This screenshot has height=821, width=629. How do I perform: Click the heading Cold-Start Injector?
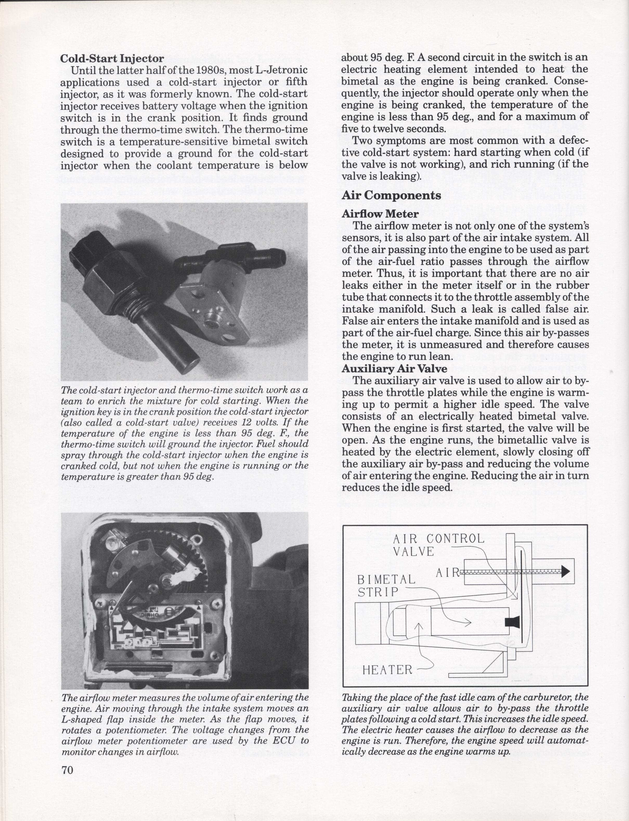(x=112, y=59)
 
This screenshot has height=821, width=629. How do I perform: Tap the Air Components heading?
(x=391, y=195)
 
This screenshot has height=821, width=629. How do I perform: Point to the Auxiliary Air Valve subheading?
(x=394, y=369)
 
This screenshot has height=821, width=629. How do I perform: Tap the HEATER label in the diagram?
(x=387, y=669)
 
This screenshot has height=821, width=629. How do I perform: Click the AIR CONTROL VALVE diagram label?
(x=438, y=544)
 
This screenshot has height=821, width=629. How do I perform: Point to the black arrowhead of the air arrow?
(x=565, y=571)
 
